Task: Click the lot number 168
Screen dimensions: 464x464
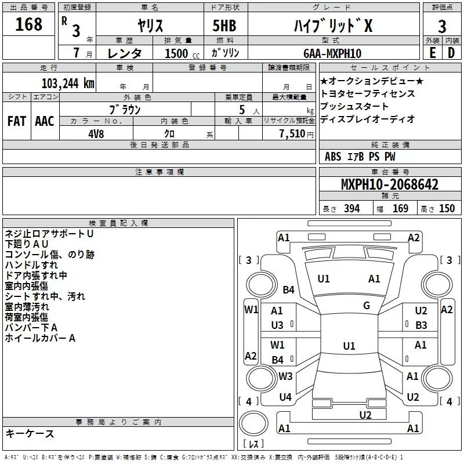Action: click(29, 25)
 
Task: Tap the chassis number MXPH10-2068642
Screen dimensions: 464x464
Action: click(389, 185)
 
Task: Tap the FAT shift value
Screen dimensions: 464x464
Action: click(17, 121)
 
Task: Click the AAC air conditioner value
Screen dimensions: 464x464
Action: click(44, 121)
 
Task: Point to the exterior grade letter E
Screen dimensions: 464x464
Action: click(432, 53)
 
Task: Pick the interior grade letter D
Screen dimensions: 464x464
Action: click(452, 53)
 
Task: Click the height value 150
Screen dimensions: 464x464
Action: click(447, 209)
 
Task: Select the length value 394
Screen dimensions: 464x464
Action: click(351, 209)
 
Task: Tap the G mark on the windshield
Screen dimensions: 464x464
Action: click(366, 305)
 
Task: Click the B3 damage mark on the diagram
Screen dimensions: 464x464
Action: click(421, 325)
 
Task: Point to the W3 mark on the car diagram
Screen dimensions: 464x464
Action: click(285, 376)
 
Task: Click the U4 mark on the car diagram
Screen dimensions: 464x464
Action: click(285, 397)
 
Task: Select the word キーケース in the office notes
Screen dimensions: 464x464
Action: click(30, 434)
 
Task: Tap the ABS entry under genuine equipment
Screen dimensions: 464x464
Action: click(333, 157)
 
